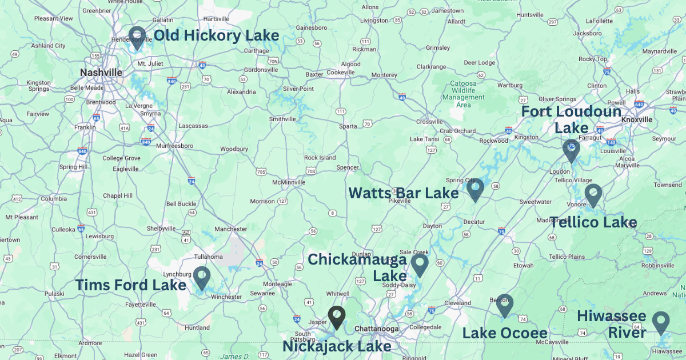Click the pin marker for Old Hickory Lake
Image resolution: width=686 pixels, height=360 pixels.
[x=137, y=37]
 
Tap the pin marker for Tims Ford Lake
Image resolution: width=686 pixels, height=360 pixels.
[x=201, y=277]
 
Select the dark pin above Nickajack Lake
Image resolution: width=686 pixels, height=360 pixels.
[x=337, y=317]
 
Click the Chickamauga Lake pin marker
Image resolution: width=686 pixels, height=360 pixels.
[x=420, y=264]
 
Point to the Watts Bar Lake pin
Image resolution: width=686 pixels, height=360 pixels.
[x=475, y=189]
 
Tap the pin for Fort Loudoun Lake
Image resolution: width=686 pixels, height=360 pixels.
[x=571, y=150]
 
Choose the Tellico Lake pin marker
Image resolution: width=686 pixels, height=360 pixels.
[x=593, y=194]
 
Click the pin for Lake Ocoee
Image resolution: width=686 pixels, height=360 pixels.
[x=504, y=305]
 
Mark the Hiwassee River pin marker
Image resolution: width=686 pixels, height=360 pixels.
[x=661, y=322]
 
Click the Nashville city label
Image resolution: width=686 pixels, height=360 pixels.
[x=101, y=73]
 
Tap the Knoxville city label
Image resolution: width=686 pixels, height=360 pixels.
[x=637, y=119]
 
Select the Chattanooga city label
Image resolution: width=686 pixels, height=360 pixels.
[x=376, y=329]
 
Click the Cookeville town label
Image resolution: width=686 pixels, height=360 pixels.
[x=341, y=73]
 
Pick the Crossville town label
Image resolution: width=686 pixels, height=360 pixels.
[x=429, y=121]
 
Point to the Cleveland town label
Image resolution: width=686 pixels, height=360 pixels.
[x=457, y=303]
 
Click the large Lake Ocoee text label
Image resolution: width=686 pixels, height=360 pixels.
[x=505, y=333]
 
